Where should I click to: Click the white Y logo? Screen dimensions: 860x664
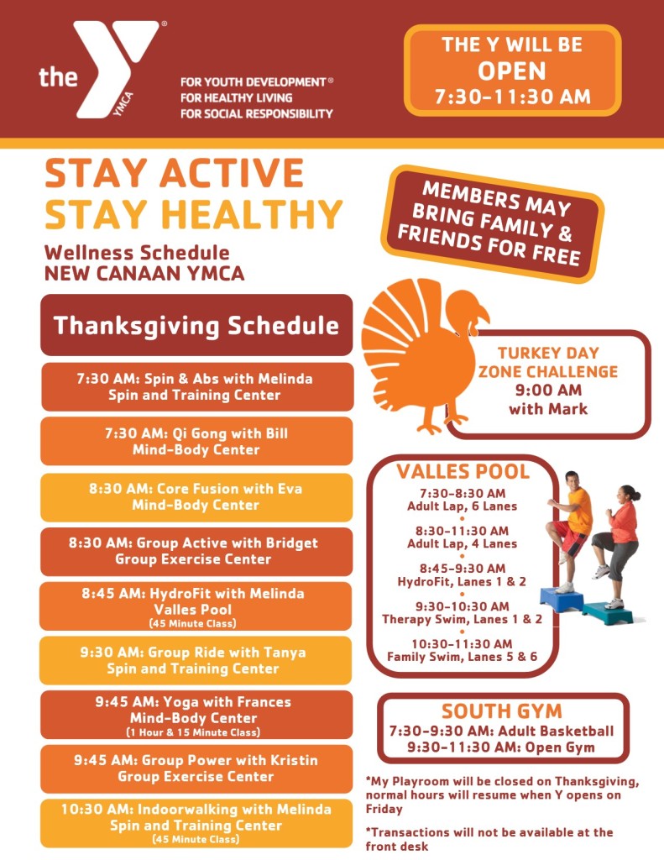(116, 67)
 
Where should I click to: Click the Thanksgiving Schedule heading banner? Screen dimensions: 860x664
(196, 325)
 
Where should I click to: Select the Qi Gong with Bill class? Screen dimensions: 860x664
(196, 442)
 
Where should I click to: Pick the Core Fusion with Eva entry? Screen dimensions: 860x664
(196, 496)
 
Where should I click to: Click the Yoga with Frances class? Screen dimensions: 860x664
(196, 715)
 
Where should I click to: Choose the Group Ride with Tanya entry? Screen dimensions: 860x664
(196, 660)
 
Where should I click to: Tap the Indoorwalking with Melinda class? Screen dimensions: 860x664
(196, 822)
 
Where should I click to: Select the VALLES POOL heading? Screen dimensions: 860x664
(463, 471)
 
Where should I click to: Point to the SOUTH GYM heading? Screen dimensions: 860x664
(502, 711)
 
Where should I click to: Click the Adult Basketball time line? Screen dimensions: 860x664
(502, 731)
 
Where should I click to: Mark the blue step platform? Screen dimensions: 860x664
(562, 599)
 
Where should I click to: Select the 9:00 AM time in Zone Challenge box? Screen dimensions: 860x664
(547, 390)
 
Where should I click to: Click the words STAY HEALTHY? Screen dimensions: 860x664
(194, 214)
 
